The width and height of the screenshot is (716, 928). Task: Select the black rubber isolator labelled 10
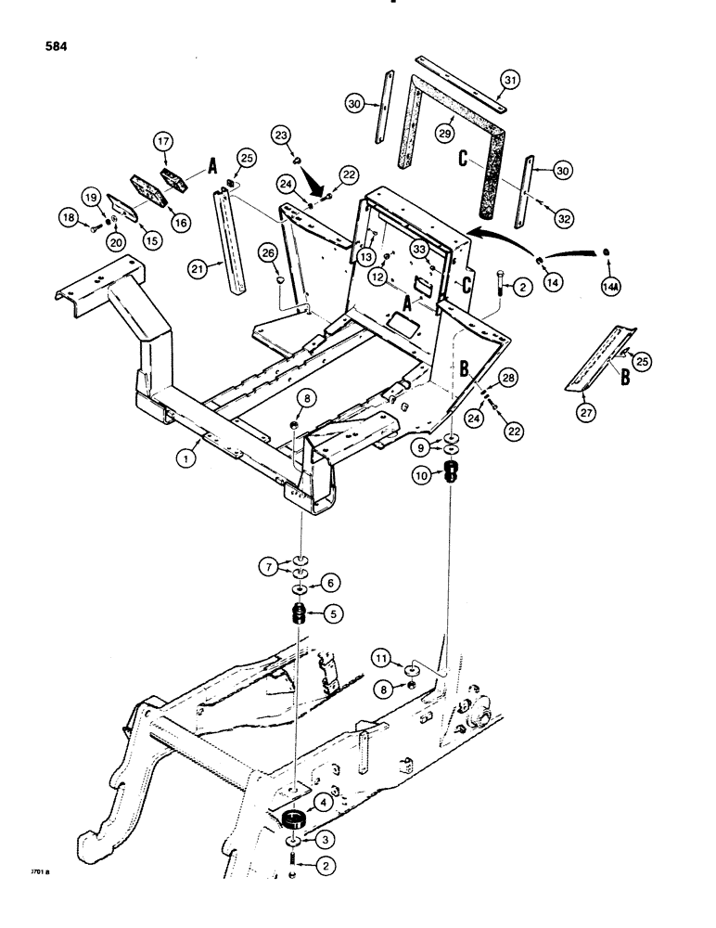[x=454, y=472]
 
